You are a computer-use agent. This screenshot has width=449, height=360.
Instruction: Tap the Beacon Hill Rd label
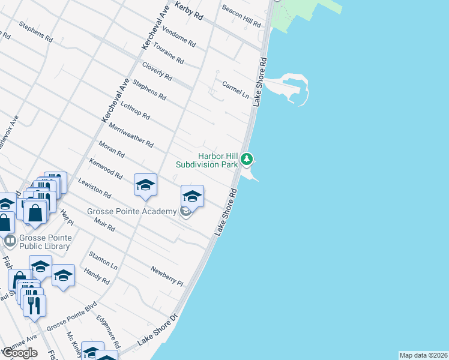tap(242, 16)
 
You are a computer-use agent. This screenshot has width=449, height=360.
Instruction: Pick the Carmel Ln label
tap(235, 89)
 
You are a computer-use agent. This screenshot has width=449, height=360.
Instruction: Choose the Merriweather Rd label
tap(131, 135)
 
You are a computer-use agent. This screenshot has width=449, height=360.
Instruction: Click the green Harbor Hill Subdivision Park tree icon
tap(247, 160)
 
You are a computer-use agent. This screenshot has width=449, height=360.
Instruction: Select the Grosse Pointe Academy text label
tap(132, 211)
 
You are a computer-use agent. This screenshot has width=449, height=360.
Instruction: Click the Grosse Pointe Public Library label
tap(46, 241)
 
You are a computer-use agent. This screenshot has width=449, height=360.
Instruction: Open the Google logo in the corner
tap(20, 352)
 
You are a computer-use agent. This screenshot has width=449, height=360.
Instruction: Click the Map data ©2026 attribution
tap(423, 355)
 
